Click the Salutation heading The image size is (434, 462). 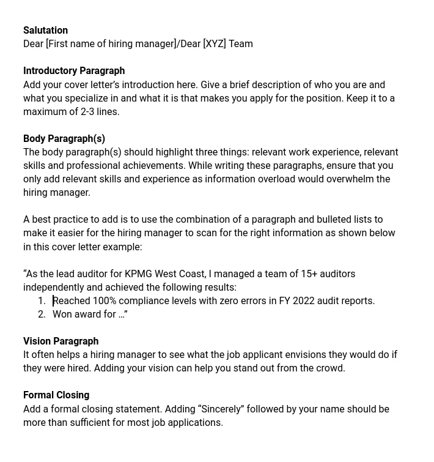click(x=45, y=30)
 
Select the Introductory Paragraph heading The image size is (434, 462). click(x=74, y=70)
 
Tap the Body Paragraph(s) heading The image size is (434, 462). click(x=64, y=138)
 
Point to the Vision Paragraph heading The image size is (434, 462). click(x=61, y=341)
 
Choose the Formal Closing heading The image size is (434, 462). click(x=56, y=395)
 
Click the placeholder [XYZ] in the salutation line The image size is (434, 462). click(x=215, y=43)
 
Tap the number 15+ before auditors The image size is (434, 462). click(x=309, y=274)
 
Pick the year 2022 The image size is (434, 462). click(x=304, y=300)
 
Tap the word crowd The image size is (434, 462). click(x=330, y=368)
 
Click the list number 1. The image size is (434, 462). click(x=41, y=300)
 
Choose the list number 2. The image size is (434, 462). click(x=41, y=314)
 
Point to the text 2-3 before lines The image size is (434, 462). click(x=90, y=111)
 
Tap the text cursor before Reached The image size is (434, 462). click(x=53, y=300)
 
